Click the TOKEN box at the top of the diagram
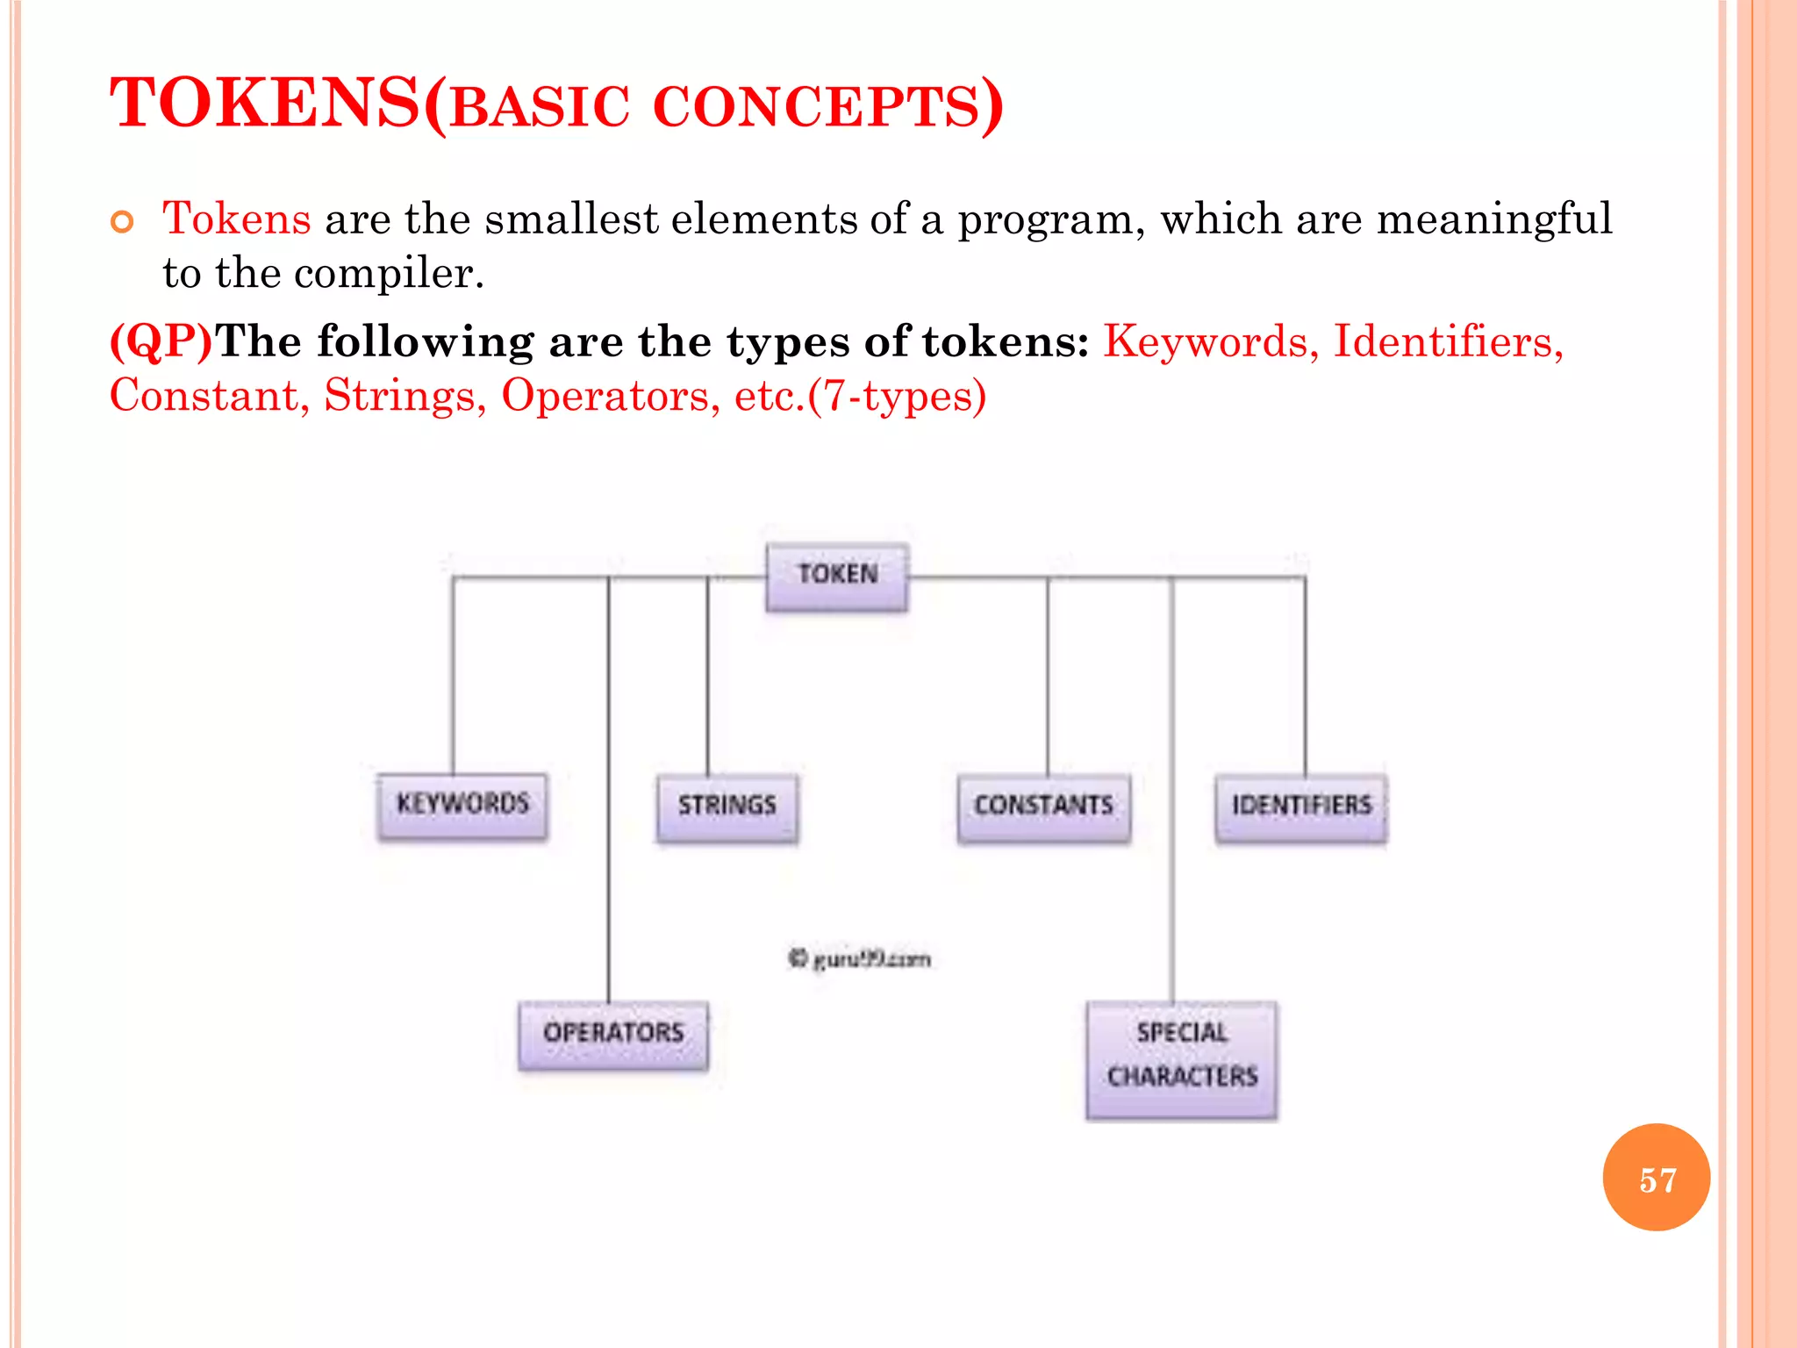pos(837,576)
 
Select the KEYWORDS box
pos(462,805)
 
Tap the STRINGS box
pos(727,807)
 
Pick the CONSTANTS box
pos(1043,807)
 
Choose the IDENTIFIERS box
pos(1301,807)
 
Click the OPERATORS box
pos(612,1034)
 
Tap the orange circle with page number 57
pos(1656,1178)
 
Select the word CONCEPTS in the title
pos(816,108)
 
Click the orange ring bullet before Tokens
pos(123,222)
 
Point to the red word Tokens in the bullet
pos(236,219)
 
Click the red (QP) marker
pos(161,341)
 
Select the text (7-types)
pos(897,396)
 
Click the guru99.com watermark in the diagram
pos(859,958)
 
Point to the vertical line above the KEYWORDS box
pos(454,676)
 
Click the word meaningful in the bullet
pos(1494,219)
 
